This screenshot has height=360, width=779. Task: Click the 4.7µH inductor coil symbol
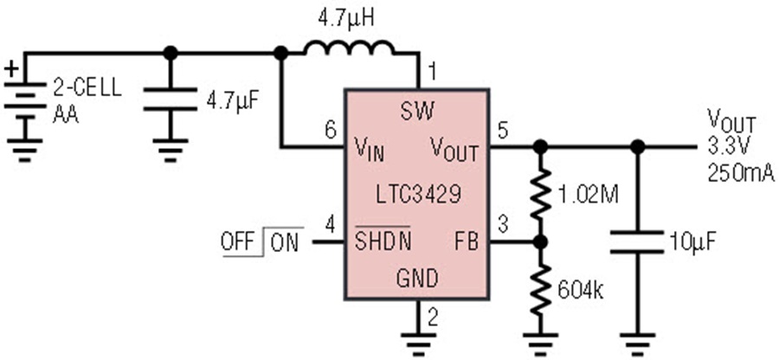click(x=350, y=48)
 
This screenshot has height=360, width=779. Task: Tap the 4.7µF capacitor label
click(x=233, y=103)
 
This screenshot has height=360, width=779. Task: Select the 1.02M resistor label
click(x=589, y=195)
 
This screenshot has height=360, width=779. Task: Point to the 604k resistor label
click(x=580, y=291)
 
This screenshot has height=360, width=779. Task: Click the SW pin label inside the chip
click(x=417, y=112)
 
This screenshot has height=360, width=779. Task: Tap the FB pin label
click(x=467, y=241)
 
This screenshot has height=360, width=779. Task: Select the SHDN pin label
click(x=383, y=241)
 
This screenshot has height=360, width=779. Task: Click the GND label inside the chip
click(x=417, y=278)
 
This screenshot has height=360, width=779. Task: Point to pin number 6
click(x=331, y=131)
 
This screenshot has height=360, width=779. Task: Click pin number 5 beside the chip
click(x=503, y=131)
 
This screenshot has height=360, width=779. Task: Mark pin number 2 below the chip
click(x=433, y=318)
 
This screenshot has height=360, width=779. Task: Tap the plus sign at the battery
click(x=13, y=68)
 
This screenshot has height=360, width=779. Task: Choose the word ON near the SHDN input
click(x=284, y=243)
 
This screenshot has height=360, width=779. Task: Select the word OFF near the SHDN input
click(x=237, y=241)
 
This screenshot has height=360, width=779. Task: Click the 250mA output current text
click(x=740, y=174)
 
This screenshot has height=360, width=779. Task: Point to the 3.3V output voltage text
click(x=727, y=147)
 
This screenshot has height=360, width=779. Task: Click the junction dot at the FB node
click(x=540, y=241)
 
